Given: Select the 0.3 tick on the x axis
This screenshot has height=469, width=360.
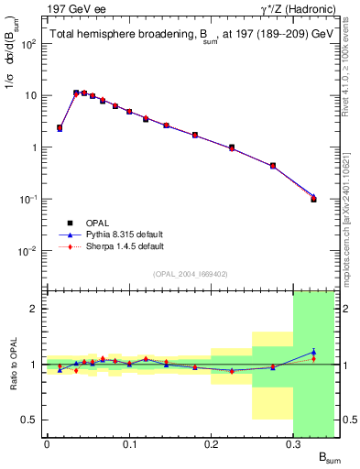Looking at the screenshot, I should pos(294,444).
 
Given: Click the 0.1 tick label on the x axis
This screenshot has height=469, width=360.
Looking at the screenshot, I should pos(129,444).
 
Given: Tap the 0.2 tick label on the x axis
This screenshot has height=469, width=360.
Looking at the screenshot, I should pos(212,444).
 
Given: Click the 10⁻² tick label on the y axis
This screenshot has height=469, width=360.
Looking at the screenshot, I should pos(27,251).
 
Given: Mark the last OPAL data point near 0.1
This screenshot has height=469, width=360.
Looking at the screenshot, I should pos(314,199).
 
